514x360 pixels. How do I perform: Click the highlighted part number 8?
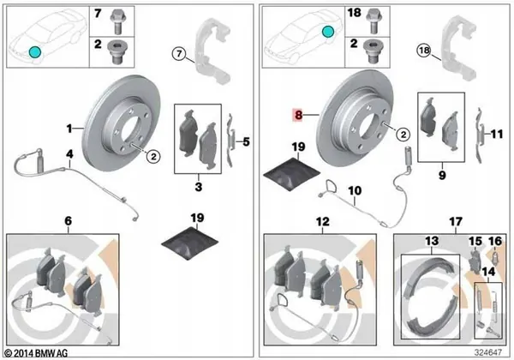pos(298,113)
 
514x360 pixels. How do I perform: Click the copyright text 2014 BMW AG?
pos(36,352)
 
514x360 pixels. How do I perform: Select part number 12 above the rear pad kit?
pos(321,222)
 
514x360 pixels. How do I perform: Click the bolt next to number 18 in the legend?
pos(374,15)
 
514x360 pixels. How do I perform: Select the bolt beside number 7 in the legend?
pos(121,15)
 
